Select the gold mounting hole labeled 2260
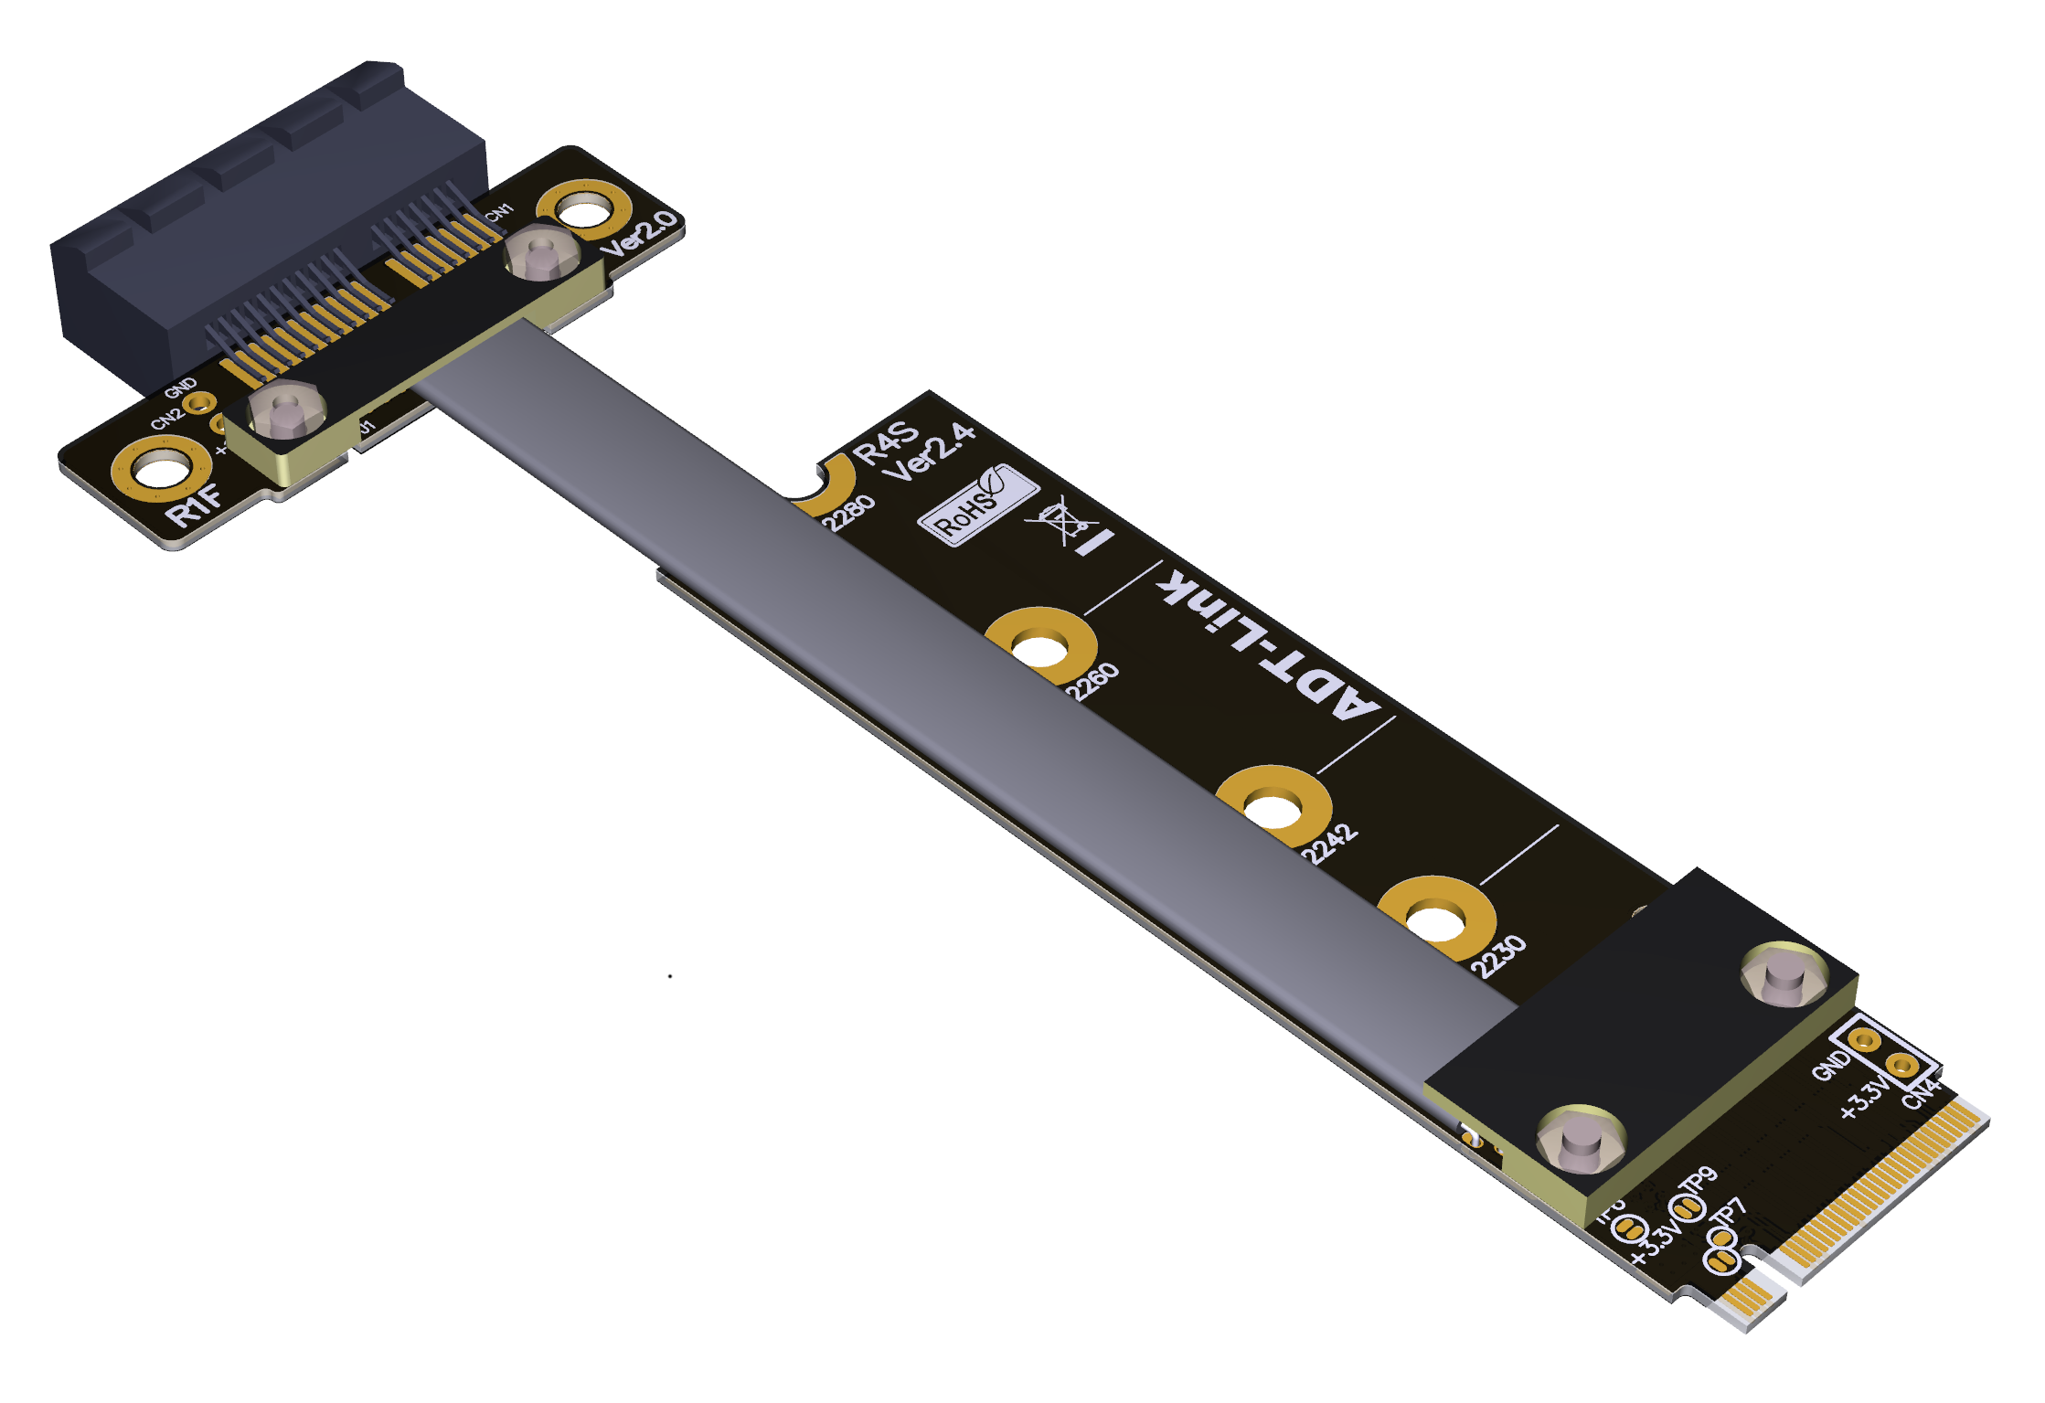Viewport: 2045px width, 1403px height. click(x=1039, y=647)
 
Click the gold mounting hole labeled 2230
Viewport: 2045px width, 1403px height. click(x=1435, y=919)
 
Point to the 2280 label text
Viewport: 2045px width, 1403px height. click(x=848, y=514)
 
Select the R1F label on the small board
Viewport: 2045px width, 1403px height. click(x=194, y=505)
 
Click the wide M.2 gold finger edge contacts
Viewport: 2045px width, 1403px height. click(x=1883, y=1188)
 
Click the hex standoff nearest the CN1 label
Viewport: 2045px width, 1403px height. click(x=541, y=251)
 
